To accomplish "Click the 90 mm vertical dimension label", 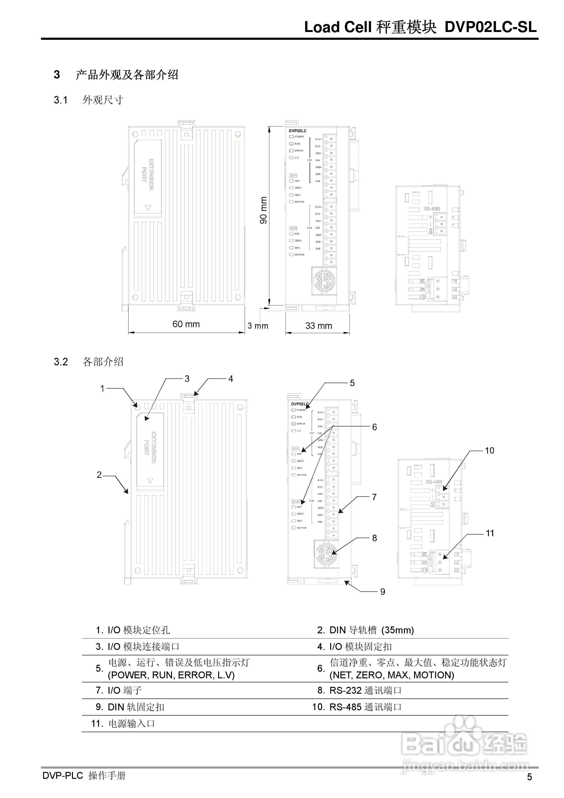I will [x=263, y=210].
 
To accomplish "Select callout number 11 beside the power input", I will [x=490, y=533].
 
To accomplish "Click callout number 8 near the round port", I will [x=374, y=538].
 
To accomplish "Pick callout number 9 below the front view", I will [x=382, y=592].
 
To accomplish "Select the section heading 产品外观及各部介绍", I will [x=127, y=75].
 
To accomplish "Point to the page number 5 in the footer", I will [x=529, y=777].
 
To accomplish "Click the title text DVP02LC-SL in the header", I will [x=490, y=27].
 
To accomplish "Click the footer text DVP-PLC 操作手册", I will [x=84, y=776].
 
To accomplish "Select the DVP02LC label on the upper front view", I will [x=298, y=131].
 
